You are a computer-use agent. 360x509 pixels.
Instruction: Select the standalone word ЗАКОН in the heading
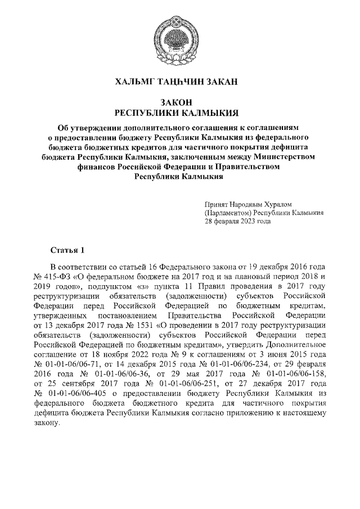pyautogui.click(x=179, y=102)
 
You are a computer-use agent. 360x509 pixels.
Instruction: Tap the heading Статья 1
pyautogui.click(x=67, y=249)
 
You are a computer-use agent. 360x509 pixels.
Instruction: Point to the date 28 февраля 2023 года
pyautogui.click(x=238, y=221)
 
